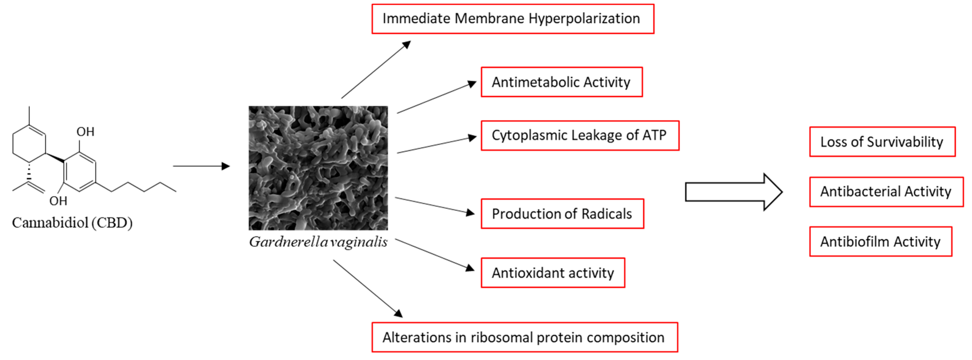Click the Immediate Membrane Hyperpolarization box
click(512, 19)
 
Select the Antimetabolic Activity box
click(561, 82)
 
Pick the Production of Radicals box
click(562, 213)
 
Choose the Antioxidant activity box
click(553, 273)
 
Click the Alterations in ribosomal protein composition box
click(525, 337)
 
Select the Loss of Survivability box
click(882, 142)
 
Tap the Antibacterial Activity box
click(886, 192)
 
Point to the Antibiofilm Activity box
click(880, 242)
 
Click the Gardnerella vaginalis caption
click(318, 242)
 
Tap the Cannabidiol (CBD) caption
click(72, 223)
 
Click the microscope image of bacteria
click(318, 168)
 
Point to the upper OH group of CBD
click(85, 132)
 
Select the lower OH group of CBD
click(58, 201)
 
